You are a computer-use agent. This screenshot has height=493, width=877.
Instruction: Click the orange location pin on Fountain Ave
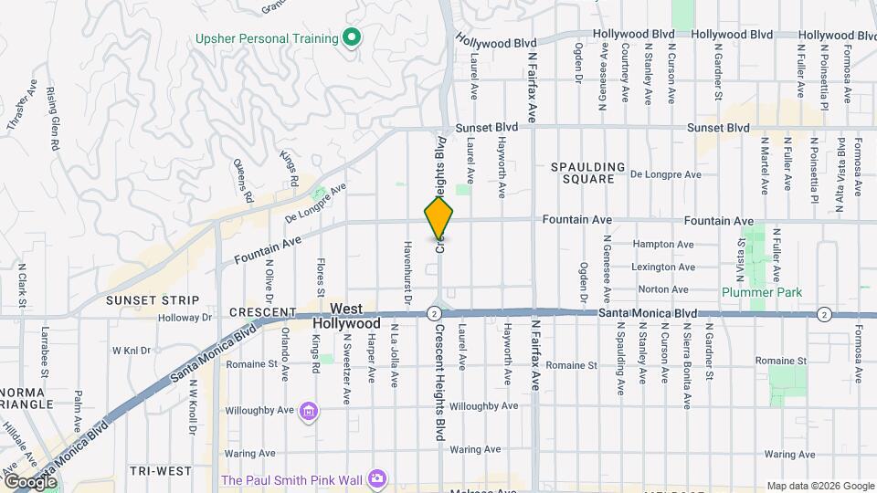(438, 218)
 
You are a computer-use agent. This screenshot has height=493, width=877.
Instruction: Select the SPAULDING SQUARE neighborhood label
(588, 173)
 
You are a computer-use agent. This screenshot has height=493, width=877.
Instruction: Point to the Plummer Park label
(761, 292)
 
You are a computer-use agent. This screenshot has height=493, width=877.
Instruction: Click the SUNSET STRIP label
(152, 299)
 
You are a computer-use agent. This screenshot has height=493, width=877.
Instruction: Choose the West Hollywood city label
(346, 317)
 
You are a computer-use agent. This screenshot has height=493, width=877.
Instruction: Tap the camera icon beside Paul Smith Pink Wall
(376, 478)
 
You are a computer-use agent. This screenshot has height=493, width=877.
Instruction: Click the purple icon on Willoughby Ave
(310, 413)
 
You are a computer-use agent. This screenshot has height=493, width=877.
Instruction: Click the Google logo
(30, 481)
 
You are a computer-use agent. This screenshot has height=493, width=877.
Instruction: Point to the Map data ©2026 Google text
(820, 486)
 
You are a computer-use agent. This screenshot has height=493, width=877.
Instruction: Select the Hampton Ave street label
(664, 245)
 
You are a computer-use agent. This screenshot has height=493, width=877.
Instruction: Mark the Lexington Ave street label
(663, 267)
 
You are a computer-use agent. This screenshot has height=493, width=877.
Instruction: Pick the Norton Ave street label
(663, 289)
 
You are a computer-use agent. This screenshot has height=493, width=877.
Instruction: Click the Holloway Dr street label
(184, 319)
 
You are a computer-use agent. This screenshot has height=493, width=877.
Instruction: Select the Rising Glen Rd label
(53, 120)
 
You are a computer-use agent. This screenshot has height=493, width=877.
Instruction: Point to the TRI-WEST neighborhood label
(160, 471)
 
